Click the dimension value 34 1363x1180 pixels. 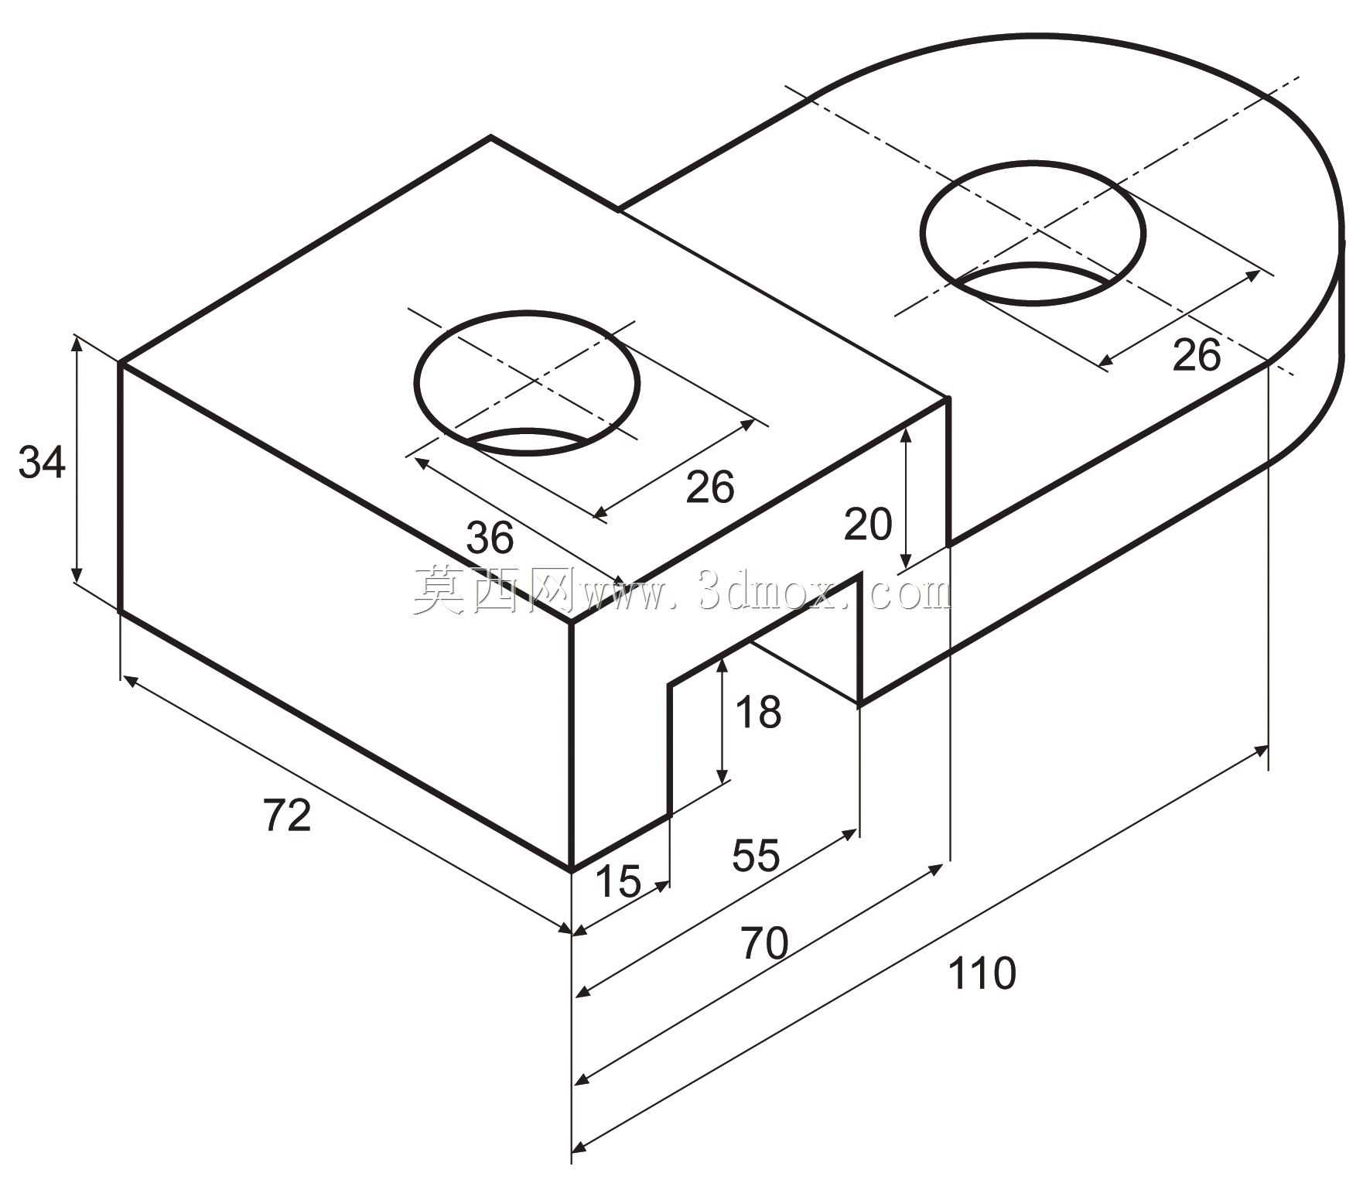[x=42, y=463]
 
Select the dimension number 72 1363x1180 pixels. [x=287, y=815]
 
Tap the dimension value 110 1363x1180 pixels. [x=981, y=973]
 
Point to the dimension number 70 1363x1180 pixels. [x=764, y=943]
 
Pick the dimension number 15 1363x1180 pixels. [x=618, y=881]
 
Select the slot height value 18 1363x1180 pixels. [x=758, y=712]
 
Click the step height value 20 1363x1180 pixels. [x=868, y=524]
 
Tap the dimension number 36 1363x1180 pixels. [x=490, y=537]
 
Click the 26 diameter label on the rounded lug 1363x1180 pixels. [x=1196, y=355]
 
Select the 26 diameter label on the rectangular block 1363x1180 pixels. [x=710, y=487]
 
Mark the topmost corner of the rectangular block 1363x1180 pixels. [x=490, y=138]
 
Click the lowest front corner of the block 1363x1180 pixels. [x=571, y=870]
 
